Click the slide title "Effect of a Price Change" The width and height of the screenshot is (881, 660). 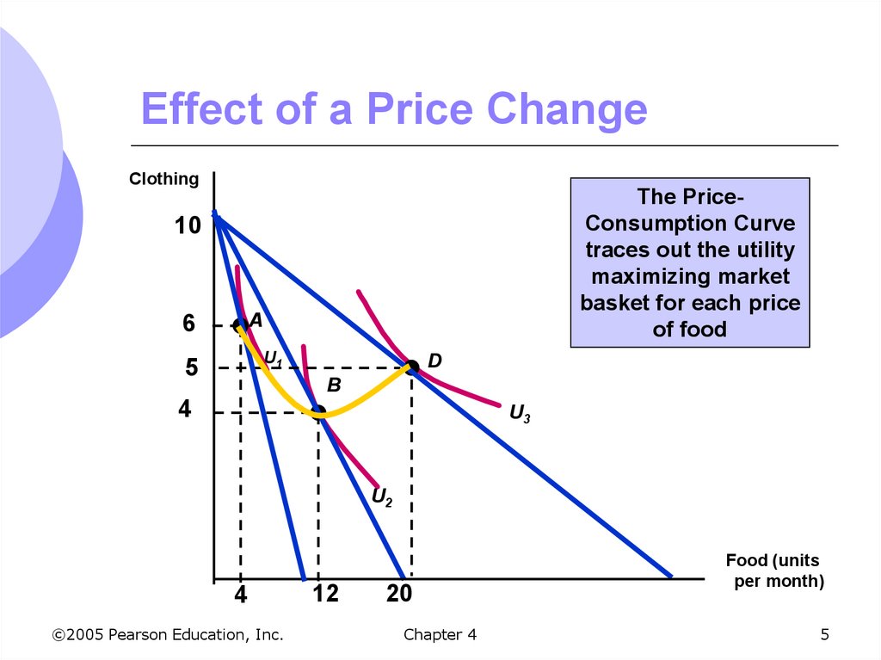point(393,111)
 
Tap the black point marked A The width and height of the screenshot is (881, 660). point(240,324)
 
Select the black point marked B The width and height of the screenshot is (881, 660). point(318,411)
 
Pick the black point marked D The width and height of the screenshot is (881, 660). point(412,367)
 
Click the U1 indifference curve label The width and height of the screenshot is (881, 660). point(273,357)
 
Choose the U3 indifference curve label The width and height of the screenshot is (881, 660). point(520,414)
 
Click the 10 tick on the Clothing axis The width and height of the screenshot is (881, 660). point(188,226)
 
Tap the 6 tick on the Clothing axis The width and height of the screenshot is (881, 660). point(189,324)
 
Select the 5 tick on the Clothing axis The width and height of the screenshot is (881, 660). point(191,368)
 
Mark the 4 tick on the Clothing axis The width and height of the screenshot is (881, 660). point(185,410)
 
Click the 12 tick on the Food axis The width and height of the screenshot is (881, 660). point(326,594)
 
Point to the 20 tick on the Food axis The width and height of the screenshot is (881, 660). point(399,594)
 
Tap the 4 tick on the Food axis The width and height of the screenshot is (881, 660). point(241,595)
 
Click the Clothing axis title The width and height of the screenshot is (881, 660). point(163,179)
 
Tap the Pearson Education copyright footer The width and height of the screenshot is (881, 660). point(168,635)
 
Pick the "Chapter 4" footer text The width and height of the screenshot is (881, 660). point(439,635)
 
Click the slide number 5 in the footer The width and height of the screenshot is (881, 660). point(825,635)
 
